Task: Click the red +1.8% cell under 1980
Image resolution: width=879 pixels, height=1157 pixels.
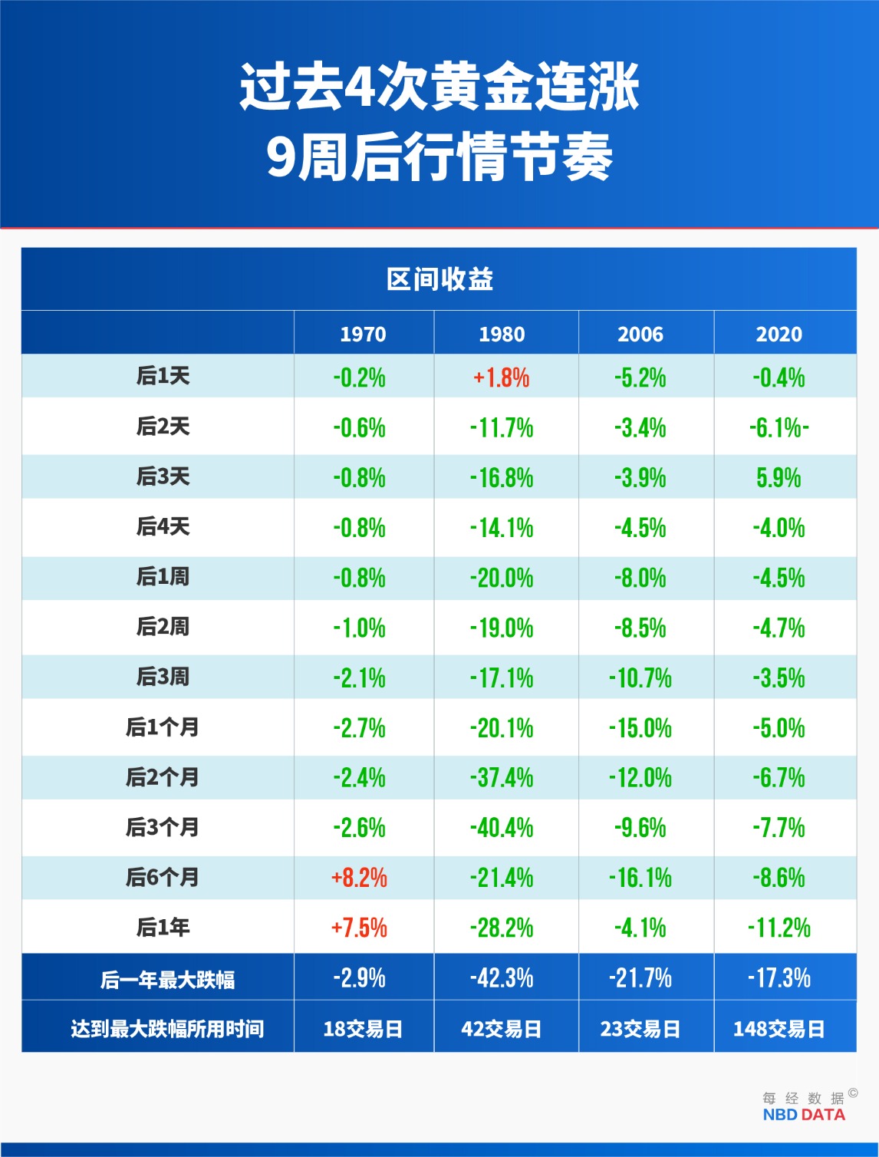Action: tap(502, 377)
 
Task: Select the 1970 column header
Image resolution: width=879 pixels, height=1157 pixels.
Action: tap(363, 334)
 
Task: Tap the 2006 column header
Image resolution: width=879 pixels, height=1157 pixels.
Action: tap(640, 334)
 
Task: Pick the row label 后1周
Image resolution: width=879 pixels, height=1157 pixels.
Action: tap(163, 577)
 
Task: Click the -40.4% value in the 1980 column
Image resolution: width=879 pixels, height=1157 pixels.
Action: tap(502, 828)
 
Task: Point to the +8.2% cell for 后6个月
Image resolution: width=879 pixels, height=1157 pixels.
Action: tap(359, 878)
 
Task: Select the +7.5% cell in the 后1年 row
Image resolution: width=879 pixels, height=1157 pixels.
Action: tap(359, 928)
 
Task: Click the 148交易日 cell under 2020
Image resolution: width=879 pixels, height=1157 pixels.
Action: tap(779, 1029)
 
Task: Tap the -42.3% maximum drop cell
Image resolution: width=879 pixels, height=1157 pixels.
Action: tap(502, 978)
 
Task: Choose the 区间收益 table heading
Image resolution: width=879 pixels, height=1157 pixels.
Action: tap(439, 279)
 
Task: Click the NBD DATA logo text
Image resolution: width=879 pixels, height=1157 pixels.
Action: tap(804, 1115)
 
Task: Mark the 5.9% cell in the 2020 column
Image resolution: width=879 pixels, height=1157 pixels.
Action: tap(779, 478)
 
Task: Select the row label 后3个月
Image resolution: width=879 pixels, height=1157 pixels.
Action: tap(163, 827)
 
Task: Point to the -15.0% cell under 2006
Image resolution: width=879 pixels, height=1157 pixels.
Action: tap(640, 728)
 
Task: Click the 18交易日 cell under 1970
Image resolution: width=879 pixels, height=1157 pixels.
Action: tap(363, 1029)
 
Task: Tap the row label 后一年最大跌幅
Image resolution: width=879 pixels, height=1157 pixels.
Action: tap(167, 980)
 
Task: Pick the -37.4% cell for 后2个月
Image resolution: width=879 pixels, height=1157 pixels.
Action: tap(502, 778)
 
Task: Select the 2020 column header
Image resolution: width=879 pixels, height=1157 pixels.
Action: tap(779, 334)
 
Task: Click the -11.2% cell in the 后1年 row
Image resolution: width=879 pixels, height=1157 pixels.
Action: tap(779, 928)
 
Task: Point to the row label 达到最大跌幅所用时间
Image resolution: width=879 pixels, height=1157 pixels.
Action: tap(167, 1029)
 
